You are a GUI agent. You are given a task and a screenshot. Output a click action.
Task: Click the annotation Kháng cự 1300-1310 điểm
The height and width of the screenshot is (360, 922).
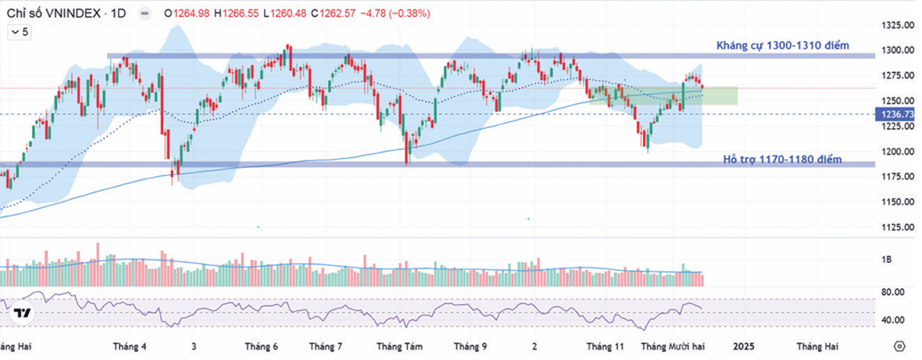(783, 45)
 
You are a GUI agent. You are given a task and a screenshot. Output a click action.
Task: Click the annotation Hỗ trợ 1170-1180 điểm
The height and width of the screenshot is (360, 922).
(782, 160)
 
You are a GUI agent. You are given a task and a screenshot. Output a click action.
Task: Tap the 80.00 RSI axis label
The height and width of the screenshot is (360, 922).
(893, 292)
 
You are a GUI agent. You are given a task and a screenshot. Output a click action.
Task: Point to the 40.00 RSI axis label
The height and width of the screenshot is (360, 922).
(893, 320)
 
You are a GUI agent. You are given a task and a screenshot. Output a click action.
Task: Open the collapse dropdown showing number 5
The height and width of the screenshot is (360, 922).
(20, 32)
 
